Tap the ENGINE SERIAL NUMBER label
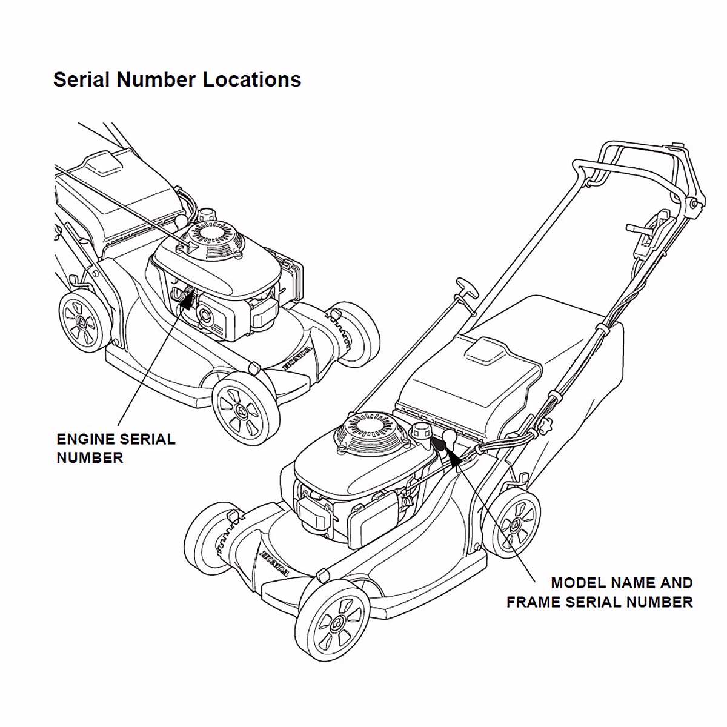pyautogui.click(x=115, y=448)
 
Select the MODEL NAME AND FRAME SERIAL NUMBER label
pyautogui.click(x=600, y=593)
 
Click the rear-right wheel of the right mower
pyautogui.click(x=516, y=524)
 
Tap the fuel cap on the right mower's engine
pyautogui.click(x=420, y=431)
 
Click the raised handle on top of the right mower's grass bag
pyautogui.click(x=486, y=350)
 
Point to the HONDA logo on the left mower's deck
pyautogui.click(x=297, y=357)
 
